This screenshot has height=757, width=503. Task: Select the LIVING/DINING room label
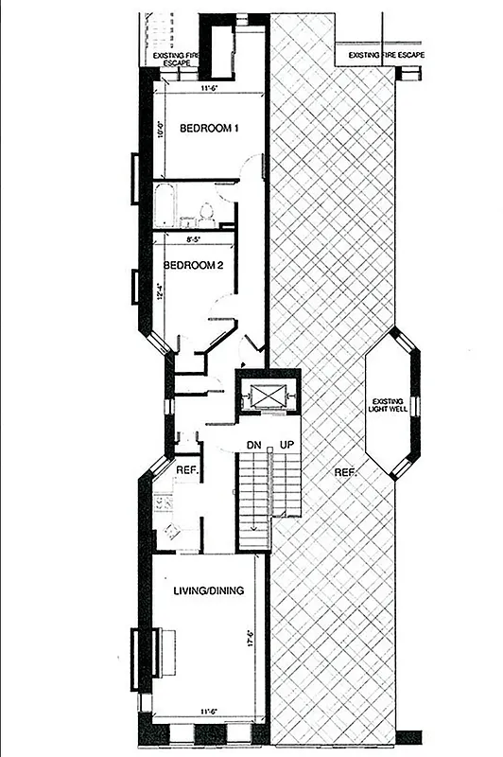coord(209,590)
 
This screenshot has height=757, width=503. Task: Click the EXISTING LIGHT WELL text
coord(390,405)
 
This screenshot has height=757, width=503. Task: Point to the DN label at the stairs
coord(255,446)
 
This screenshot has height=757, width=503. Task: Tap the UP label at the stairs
coord(284,446)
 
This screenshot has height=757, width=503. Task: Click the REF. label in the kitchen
coord(185,469)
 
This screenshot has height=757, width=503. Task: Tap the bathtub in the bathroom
coord(165,205)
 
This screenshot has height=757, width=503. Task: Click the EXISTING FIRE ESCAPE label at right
coord(386,55)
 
